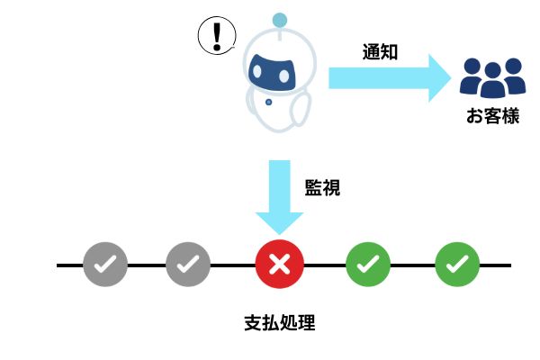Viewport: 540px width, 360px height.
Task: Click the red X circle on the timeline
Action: [280, 265]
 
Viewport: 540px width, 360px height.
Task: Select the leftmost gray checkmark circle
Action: [105, 265]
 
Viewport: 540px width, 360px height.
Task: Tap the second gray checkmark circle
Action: [188, 265]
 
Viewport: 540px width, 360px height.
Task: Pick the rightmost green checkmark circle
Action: [457, 265]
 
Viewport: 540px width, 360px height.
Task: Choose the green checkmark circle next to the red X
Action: [368, 265]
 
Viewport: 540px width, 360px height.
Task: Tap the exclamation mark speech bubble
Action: [216, 36]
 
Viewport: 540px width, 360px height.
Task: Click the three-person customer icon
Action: [492, 77]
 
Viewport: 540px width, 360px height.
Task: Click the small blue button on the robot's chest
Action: [269, 103]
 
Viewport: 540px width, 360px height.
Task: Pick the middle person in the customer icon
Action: [492, 81]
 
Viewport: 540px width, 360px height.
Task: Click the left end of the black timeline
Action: [59, 265]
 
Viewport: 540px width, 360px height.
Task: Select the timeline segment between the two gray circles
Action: [147, 265]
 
